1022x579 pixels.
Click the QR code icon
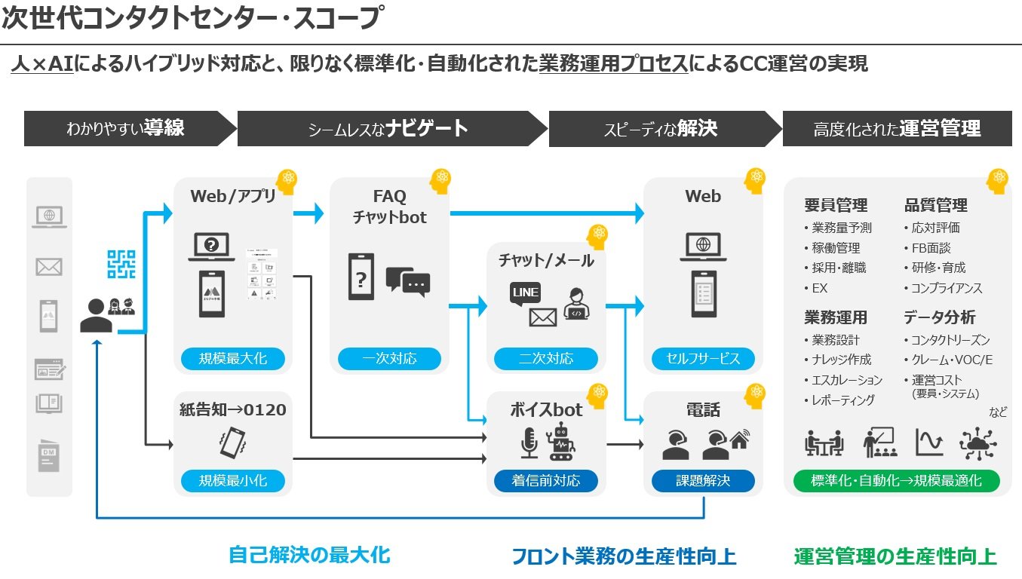tap(120, 264)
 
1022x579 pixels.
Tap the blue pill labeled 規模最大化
tap(232, 358)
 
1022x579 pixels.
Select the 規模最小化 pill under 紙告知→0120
tap(232, 480)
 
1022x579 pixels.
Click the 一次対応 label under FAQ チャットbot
tap(389, 358)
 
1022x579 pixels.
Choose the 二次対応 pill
tap(546, 358)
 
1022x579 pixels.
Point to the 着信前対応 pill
tap(546, 480)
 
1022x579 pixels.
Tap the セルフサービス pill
tap(703, 358)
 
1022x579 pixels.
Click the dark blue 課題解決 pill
tap(703, 480)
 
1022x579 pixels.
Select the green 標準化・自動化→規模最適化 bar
tap(897, 480)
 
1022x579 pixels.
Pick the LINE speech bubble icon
tap(525, 293)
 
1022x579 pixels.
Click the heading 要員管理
tap(836, 205)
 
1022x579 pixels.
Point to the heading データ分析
tap(939, 317)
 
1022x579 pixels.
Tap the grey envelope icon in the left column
tap(49, 266)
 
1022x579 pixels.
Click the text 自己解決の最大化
tap(309, 556)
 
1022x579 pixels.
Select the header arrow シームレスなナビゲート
tap(388, 129)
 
